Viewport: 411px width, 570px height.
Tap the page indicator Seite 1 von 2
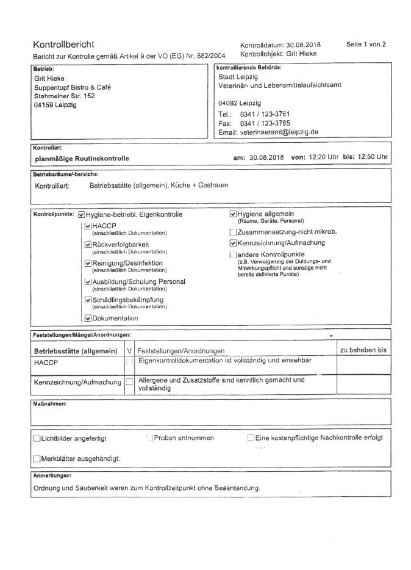click(365, 45)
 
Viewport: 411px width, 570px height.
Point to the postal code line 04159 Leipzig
click(55, 104)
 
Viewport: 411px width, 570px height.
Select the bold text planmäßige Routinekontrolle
click(84, 158)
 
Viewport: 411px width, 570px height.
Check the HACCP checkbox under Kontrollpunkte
click(88, 226)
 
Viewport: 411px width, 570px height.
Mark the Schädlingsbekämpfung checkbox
click(88, 300)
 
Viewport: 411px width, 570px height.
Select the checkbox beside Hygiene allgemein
click(232, 214)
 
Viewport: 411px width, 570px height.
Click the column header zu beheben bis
click(363, 350)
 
